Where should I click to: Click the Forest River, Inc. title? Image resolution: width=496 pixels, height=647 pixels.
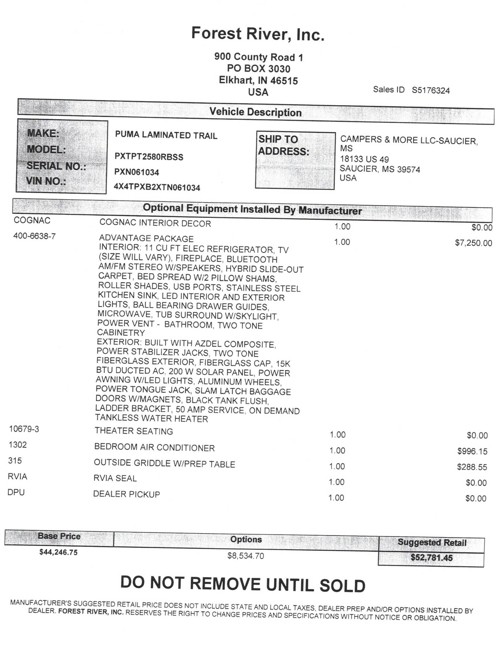click(x=258, y=34)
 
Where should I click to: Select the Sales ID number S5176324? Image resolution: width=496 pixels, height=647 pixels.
click(x=430, y=91)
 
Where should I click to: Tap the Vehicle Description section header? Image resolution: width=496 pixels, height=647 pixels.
click(x=255, y=112)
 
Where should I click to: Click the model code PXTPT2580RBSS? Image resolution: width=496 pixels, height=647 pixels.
click(x=149, y=157)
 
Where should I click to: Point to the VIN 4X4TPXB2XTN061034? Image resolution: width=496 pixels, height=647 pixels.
click(x=157, y=187)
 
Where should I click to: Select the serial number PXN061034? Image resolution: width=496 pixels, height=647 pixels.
click(x=137, y=172)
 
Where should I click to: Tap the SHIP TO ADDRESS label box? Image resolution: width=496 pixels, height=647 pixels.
click(x=295, y=160)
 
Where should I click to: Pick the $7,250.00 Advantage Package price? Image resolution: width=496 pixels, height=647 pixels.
click(x=473, y=243)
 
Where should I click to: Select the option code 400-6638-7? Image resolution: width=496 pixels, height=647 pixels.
click(x=34, y=236)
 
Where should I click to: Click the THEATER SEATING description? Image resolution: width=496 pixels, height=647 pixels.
click(x=134, y=431)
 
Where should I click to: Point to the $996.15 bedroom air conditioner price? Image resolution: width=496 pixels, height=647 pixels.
click(x=472, y=451)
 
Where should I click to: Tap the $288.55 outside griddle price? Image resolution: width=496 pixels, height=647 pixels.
click(x=472, y=467)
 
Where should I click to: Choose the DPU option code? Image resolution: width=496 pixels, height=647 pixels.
click(x=16, y=492)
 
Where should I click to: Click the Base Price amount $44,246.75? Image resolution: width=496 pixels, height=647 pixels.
click(x=58, y=552)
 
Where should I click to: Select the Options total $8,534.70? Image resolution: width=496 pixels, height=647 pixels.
click(x=246, y=556)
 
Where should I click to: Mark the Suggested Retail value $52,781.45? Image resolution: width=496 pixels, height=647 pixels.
click(x=431, y=557)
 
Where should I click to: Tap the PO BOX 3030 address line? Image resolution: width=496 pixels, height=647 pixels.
click(x=258, y=69)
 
